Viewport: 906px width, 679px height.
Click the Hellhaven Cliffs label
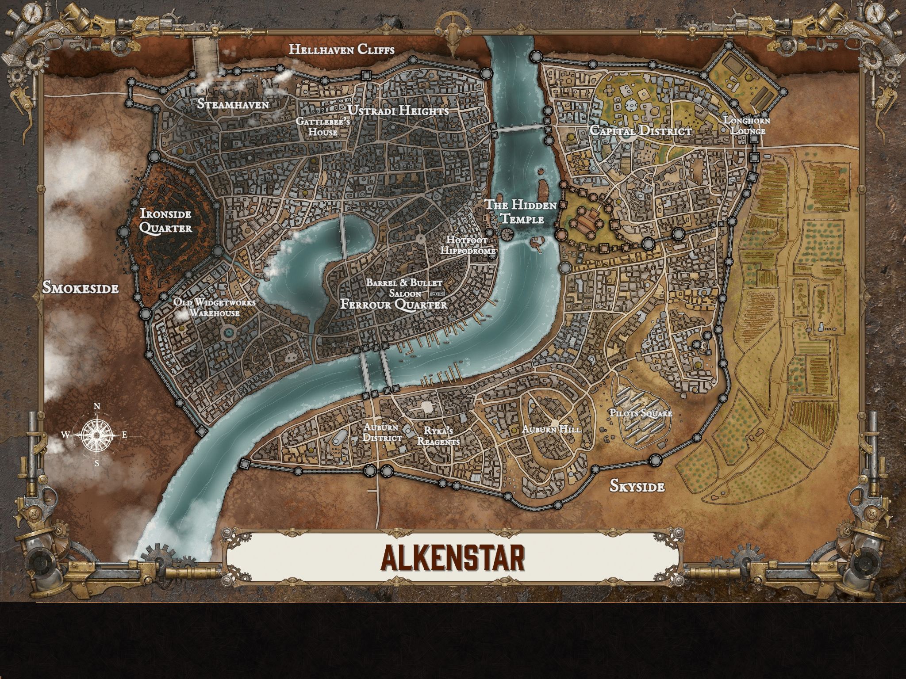tap(341, 49)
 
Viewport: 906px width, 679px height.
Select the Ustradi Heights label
tap(398, 111)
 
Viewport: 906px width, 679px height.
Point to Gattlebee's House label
tap(323, 126)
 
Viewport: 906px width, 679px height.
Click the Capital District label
tap(641, 131)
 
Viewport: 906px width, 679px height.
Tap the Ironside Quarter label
tap(166, 221)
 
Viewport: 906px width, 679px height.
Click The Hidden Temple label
tap(520, 211)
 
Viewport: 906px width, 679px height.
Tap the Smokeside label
tap(81, 288)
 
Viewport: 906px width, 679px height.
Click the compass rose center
tap(96, 435)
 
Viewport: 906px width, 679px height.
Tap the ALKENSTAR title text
tap(453, 558)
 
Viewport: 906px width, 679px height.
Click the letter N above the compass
tap(97, 407)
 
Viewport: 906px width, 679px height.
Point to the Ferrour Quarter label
tap(394, 305)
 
